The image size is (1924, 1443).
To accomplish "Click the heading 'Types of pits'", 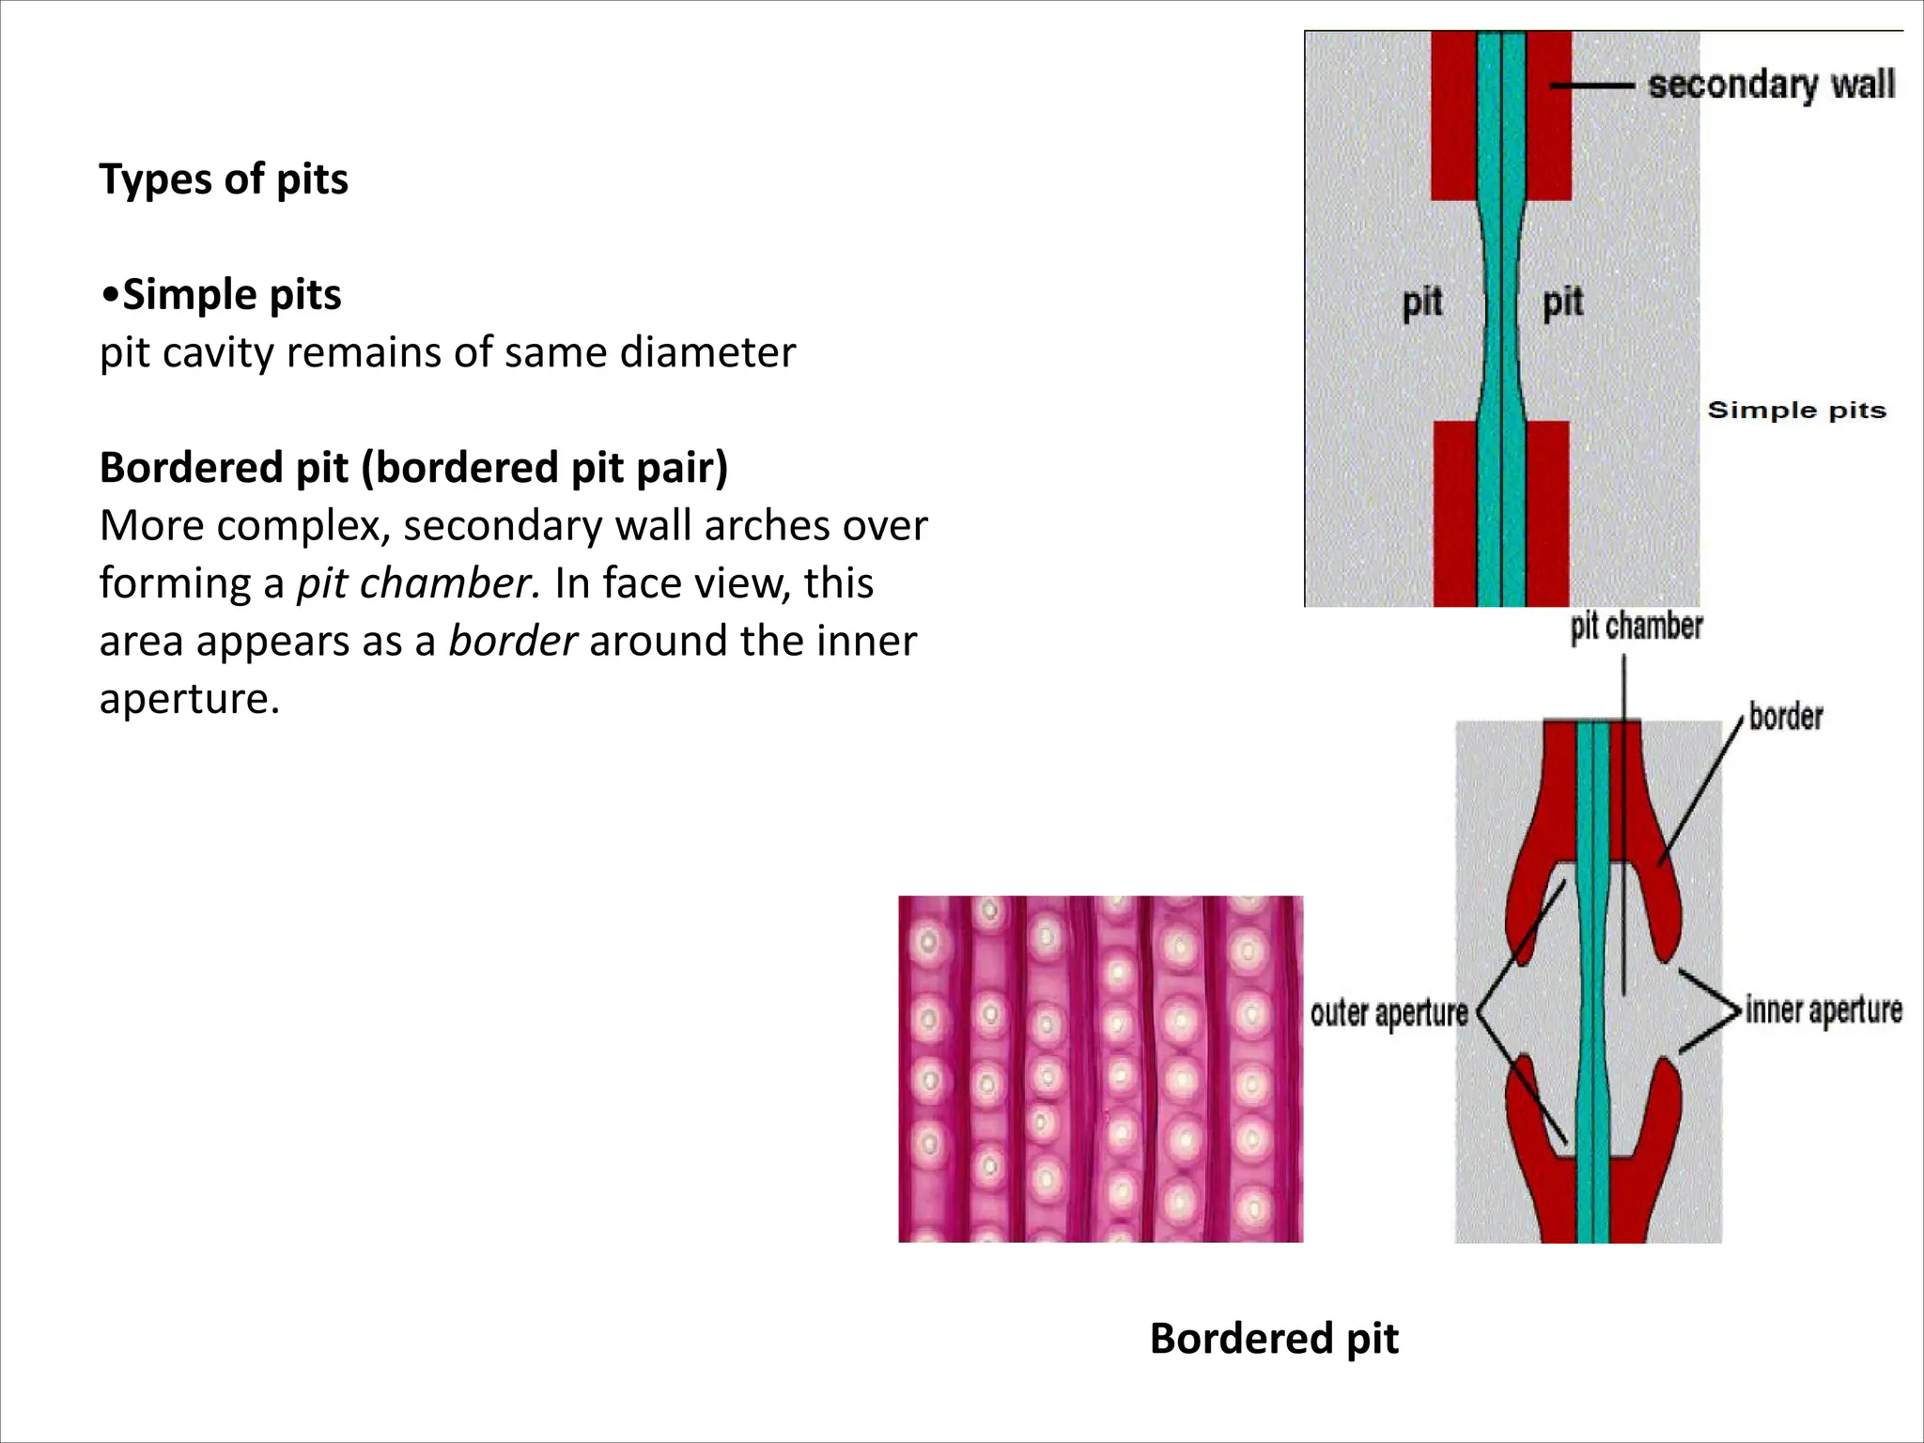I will pos(224,179).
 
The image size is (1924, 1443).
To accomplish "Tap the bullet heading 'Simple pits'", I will pos(231,295).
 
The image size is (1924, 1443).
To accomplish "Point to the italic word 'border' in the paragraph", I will pos(512,642).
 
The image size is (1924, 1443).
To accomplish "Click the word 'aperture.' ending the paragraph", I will pos(189,699).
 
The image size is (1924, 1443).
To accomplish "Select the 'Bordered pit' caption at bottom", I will pos(1273,1339).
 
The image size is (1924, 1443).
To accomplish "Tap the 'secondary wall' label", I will pos(1771,85).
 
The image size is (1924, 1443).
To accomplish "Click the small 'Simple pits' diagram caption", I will pos(1796,411).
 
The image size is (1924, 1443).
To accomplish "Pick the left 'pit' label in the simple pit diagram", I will pos(1421,303).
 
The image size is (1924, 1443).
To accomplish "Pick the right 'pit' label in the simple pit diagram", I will pos(1562,303).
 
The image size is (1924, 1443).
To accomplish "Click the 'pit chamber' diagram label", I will pos(1636,626).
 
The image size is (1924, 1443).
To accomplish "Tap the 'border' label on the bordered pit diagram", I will pos(1785,717).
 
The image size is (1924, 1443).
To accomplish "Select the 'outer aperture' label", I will pos(1389,1014).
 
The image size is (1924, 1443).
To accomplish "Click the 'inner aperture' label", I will pos(1823,1011).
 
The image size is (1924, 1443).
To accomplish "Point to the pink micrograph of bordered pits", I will pos(1100,1069).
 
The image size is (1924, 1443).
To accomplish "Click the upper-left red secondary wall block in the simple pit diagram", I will pos(1453,115).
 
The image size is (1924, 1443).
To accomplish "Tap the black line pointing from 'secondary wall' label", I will pos(1592,85).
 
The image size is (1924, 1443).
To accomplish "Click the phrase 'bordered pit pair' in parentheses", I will pos(545,468).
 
